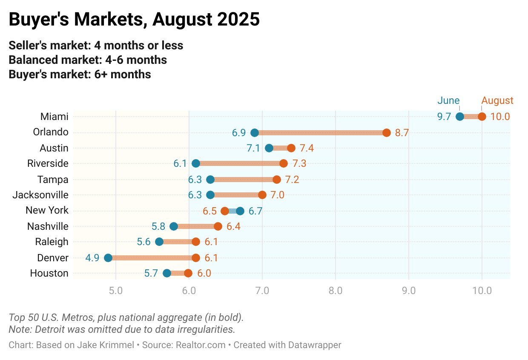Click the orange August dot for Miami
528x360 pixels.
click(482, 117)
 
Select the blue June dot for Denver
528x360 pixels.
click(108, 258)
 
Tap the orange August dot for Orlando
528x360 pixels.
click(387, 133)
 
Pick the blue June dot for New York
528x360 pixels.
click(240, 211)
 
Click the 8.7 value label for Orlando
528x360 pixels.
click(402, 133)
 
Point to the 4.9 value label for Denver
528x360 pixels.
click(92, 258)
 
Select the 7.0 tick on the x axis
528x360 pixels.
click(262, 291)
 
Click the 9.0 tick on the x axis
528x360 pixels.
click(409, 291)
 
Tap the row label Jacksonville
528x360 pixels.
click(40, 195)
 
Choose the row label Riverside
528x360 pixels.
click(48, 163)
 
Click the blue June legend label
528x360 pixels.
click(448, 101)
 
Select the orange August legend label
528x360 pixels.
click(497, 101)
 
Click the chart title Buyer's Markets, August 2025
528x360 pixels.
click(134, 20)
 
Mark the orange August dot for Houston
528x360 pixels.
click(188, 273)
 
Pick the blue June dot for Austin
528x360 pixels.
click(269, 148)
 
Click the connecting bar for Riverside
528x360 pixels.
click(240, 163)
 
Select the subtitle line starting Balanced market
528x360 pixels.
click(88, 60)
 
